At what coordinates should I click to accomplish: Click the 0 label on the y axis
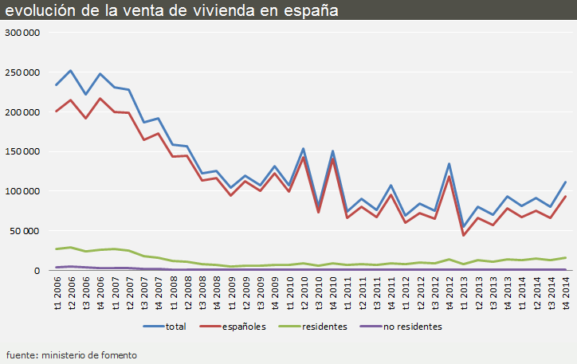(x=36, y=271)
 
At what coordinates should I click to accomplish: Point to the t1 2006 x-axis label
(x=57, y=295)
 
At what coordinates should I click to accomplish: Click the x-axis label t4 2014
(x=565, y=295)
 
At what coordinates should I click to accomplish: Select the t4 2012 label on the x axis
(x=449, y=295)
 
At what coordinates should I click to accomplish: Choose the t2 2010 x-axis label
(x=304, y=295)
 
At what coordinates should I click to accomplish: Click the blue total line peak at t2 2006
(x=71, y=71)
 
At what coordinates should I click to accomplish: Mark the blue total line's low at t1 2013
(x=463, y=226)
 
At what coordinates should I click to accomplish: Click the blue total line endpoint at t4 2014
(x=565, y=182)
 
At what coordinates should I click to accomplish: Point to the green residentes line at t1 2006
(x=57, y=249)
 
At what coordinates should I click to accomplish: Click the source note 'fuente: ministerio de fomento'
(x=72, y=354)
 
